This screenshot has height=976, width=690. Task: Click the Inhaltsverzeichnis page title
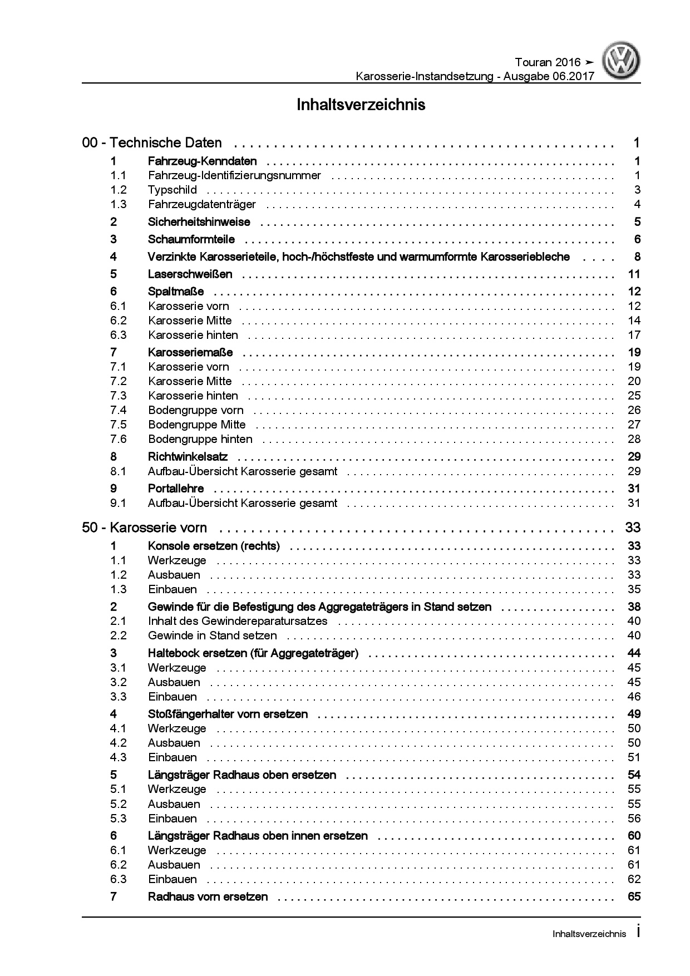pyautogui.click(x=361, y=105)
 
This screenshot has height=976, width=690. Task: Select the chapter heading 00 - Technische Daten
pyautogui.click(x=152, y=143)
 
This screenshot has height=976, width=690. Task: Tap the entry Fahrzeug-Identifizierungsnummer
pyautogui.click(x=234, y=176)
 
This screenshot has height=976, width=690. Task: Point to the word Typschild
pyautogui.click(x=172, y=190)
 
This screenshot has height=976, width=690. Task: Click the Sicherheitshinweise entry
pyautogui.click(x=199, y=222)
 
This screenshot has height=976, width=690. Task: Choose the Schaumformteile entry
pyautogui.click(x=191, y=240)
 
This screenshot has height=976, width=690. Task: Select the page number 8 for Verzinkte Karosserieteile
pyautogui.click(x=637, y=257)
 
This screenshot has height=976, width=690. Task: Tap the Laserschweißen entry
pyautogui.click(x=190, y=274)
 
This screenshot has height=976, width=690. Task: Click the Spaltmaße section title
pyautogui.click(x=176, y=292)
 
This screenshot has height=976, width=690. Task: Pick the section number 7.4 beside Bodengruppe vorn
pyautogui.click(x=119, y=411)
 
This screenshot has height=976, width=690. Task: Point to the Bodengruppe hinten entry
pyautogui.click(x=200, y=440)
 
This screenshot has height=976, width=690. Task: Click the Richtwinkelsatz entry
pyautogui.click(x=188, y=457)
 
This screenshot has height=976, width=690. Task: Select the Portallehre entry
pyautogui.click(x=176, y=489)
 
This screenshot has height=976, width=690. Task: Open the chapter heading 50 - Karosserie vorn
pyautogui.click(x=145, y=528)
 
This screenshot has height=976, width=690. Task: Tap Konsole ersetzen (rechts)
pyautogui.click(x=214, y=546)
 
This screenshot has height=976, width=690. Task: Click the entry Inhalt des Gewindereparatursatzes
pyautogui.click(x=238, y=621)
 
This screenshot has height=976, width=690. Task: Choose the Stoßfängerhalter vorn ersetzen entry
pyautogui.click(x=228, y=714)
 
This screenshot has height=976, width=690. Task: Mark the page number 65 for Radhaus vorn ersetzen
pyautogui.click(x=634, y=896)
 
